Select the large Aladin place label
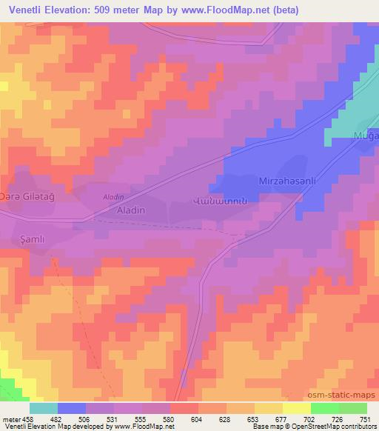(130, 210)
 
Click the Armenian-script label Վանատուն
(213, 200)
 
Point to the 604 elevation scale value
(197, 419)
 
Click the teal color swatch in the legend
(44, 408)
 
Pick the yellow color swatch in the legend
(296, 408)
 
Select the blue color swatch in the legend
(72, 408)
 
